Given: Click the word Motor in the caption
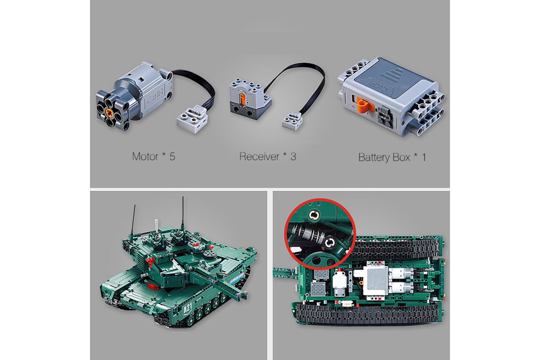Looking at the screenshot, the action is click(x=145, y=157).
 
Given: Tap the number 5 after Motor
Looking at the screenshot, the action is click(x=172, y=157).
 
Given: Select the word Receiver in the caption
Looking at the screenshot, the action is click(x=259, y=157).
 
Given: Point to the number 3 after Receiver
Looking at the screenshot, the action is click(x=293, y=157).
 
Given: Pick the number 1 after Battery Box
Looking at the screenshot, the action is click(x=423, y=157).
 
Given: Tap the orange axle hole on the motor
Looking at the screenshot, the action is click(x=109, y=112).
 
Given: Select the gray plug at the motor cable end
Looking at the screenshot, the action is click(x=192, y=120).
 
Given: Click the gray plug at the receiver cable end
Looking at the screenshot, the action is click(x=292, y=121).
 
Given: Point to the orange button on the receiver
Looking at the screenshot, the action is click(x=243, y=100).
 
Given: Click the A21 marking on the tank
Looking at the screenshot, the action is click(x=188, y=308).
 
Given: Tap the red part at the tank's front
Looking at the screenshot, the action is click(x=153, y=286).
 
